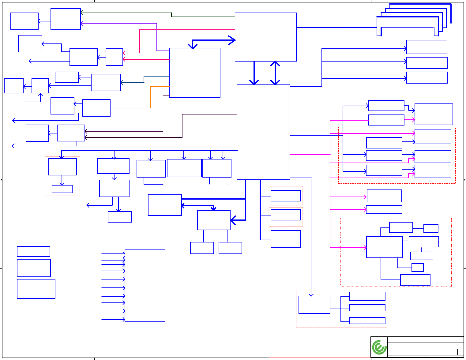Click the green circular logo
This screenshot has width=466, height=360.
pyautogui.click(x=379, y=347)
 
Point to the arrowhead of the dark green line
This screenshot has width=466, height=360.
pyautogui.click(x=82, y=13)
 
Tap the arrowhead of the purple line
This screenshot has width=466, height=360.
pyautogui.click(x=82, y=23)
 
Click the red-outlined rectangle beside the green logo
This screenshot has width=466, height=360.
pyautogui.click(x=319, y=350)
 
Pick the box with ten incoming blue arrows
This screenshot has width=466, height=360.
pyautogui.click(x=145, y=286)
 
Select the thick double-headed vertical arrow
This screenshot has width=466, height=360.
pyautogui.click(x=275, y=73)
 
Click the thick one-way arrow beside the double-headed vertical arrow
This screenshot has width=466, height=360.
pyautogui.click(x=254, y=73)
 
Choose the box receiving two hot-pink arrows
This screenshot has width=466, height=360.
pyautogui.click(x=114, y=57)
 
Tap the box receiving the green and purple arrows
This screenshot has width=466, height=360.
pyautogui.click(x=66, y=19)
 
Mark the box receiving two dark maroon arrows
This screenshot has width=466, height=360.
pyautogui.click(x=71, y=133)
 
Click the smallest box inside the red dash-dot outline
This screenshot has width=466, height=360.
pyautogui.click(x=418, y=268)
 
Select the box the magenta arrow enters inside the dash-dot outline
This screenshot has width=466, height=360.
pyautogui.click(x=384, y=247)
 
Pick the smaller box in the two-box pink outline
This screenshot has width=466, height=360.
pyautogui.click(x=62, y=189)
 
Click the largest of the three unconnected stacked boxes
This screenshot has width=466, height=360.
pyautogui.click(x=36, y=289)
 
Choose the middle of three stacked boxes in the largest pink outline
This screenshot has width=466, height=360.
pyautogui.click(x=367, y=308)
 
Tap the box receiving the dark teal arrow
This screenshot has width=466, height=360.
pyautogui.click(x=106, y=82)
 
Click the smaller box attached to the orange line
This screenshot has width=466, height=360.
pyautogui.click(x=96, y=108)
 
